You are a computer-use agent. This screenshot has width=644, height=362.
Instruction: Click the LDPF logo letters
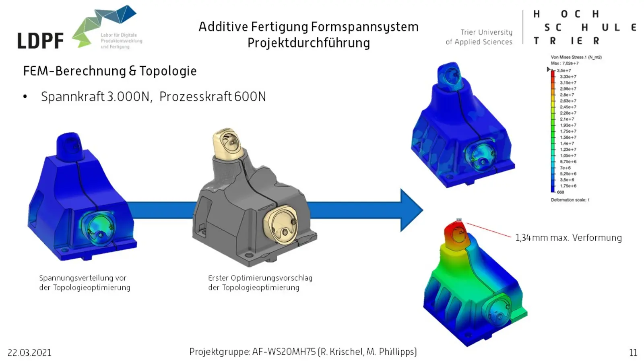(x=40, y=41)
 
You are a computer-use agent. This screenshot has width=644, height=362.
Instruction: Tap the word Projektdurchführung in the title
(x=308, y=43)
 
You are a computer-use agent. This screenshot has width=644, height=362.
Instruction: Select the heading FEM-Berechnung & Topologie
(x=110, y=71)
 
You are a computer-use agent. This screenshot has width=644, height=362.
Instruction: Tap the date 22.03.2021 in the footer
(x=29, y=353)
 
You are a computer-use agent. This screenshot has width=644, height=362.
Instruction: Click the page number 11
(x=633, y=353)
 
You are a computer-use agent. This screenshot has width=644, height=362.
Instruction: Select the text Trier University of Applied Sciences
(x=479, y=37)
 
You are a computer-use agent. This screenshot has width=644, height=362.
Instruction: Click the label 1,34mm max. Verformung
(x=568, y=238)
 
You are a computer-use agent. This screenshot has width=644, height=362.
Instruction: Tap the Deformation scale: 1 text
(x=570, y=200)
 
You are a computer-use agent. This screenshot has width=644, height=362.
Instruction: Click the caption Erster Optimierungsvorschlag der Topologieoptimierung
(x=260, y=282)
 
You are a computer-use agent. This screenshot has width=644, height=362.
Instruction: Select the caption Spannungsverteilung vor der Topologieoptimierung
(x=85, y=282)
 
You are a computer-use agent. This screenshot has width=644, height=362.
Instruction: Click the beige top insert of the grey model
(x=227, y=143)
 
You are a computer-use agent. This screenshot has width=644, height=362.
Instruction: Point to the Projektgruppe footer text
(x=303, y=352)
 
